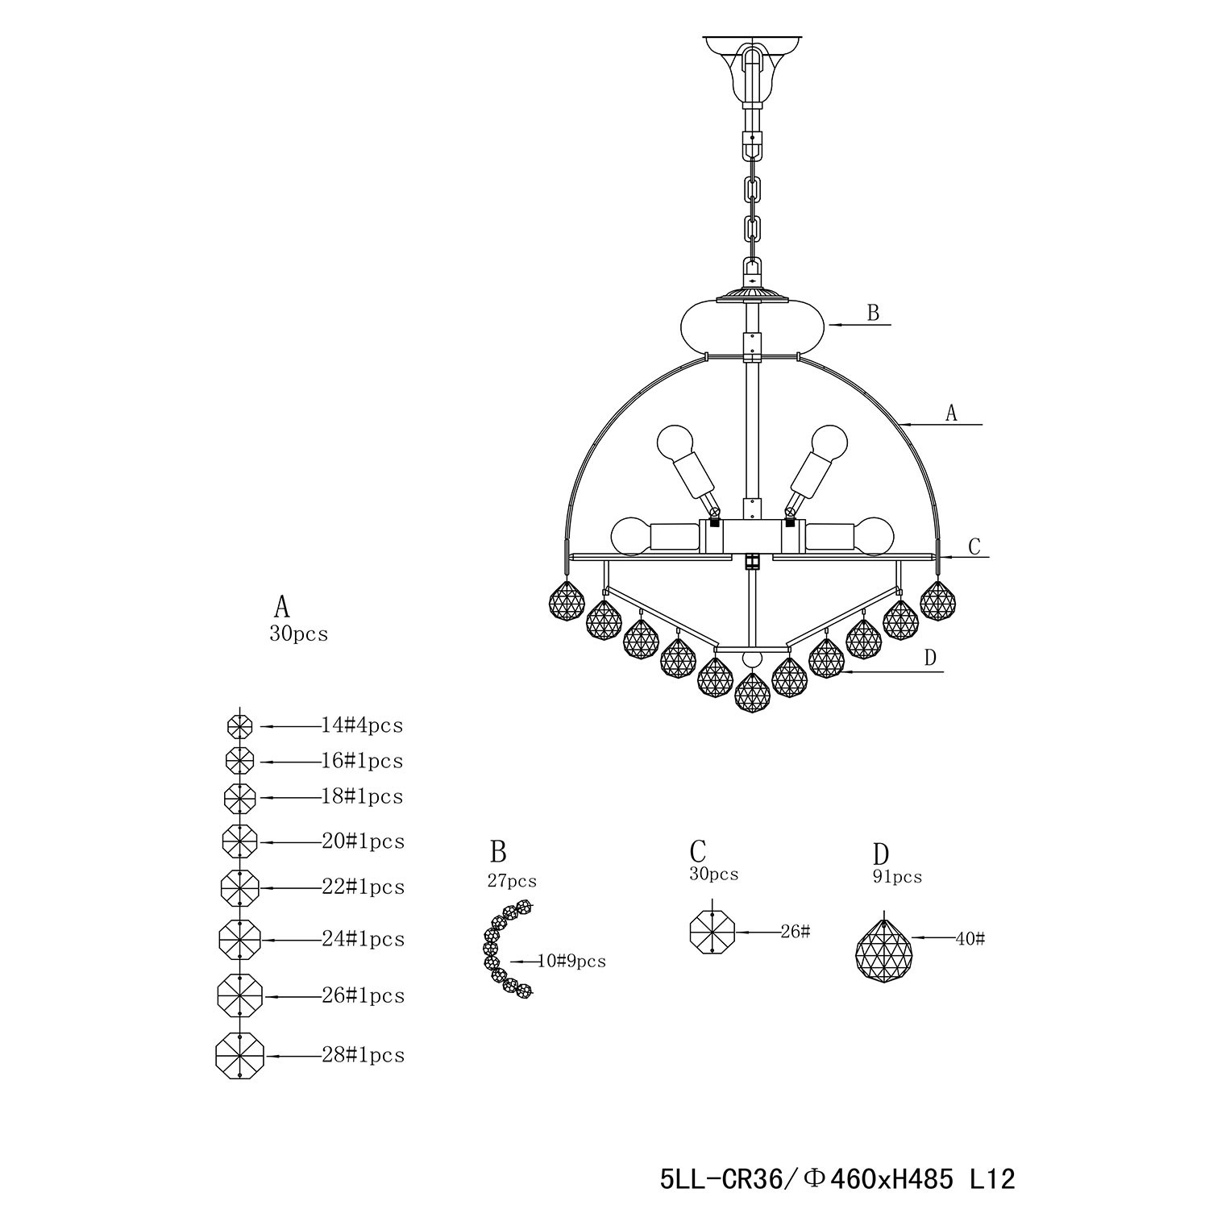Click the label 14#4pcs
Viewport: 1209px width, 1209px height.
coord(362,725)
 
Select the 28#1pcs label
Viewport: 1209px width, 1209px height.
coord(363,1055)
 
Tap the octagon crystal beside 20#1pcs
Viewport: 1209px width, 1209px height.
coord(239,841)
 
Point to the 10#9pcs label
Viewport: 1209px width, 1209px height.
coord(571,961)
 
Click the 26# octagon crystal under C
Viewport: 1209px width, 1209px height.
coord(713,932)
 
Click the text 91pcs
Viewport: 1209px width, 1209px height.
coord(897,877)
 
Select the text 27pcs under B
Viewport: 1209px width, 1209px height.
coord(512,881)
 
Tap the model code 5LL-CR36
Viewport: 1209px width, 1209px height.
coord(721,1180)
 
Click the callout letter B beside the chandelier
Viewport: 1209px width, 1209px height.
coord(873,313)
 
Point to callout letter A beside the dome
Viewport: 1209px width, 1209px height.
coord(951,413)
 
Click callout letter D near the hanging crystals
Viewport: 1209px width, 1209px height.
coord(930,658)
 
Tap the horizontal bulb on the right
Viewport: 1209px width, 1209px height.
coord(851,535)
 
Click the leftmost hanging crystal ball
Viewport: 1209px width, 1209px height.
coord(567,598)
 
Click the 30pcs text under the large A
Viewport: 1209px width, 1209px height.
coord(299,634)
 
